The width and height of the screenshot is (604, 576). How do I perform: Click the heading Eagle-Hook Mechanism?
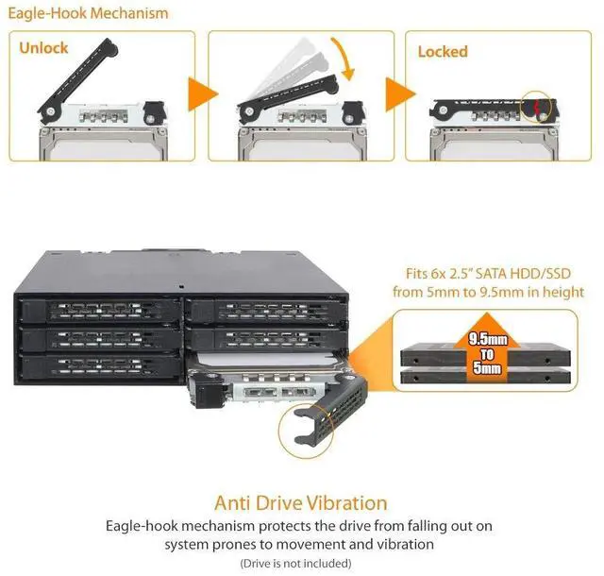(x=89, y=13)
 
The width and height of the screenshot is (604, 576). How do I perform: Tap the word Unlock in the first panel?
(x=43, y=47)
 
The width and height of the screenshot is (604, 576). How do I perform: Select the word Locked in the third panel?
(x=443, y=51)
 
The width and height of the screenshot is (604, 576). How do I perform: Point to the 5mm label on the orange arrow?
(x=489, y=369)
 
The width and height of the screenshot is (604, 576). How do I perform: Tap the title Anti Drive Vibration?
(x=301, y=503)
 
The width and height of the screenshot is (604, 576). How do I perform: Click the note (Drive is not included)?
(x=301, y=564)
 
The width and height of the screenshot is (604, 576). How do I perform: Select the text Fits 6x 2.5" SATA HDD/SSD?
(x=489, y=275)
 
